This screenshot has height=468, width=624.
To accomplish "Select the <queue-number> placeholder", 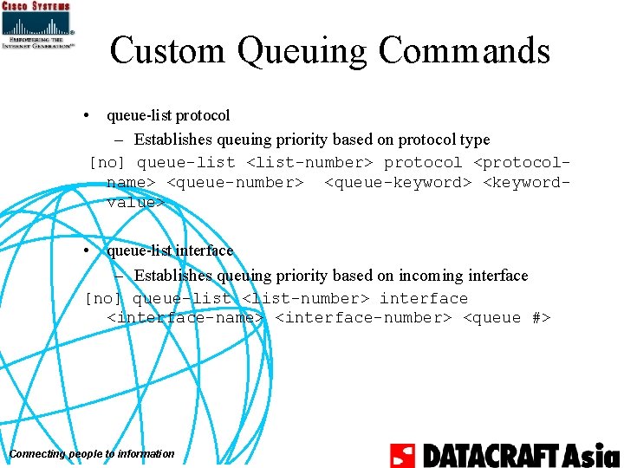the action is tap(234, 183).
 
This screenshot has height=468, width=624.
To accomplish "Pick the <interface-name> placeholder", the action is tap(185, 318).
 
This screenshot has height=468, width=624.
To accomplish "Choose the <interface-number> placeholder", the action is tap(363, 318).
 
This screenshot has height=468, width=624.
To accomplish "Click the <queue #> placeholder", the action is tap(507, 318).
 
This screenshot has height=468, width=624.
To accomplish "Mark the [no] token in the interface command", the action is tap(104, 298).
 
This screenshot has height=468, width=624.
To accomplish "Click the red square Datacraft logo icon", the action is tap(402, 455).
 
